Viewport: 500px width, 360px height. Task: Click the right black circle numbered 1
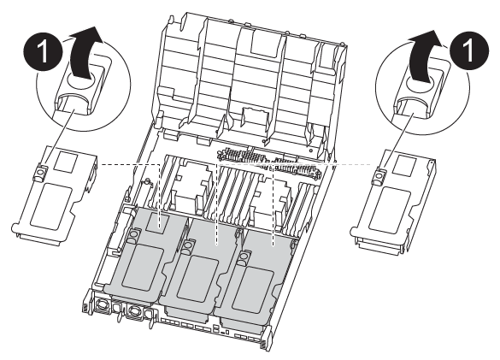pos(469,50)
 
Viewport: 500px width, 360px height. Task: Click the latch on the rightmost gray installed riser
pos(244,256)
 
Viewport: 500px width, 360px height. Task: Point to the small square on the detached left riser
pos(65,161)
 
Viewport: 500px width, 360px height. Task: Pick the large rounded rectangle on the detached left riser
pos(51,206)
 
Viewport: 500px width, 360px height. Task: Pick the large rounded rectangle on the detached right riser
pos(390,210)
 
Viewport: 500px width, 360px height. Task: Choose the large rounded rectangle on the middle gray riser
pos(197,278)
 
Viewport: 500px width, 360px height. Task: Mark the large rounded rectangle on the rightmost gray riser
pos(254,289)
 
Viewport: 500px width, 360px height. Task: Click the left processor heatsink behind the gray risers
pos(191,184)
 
